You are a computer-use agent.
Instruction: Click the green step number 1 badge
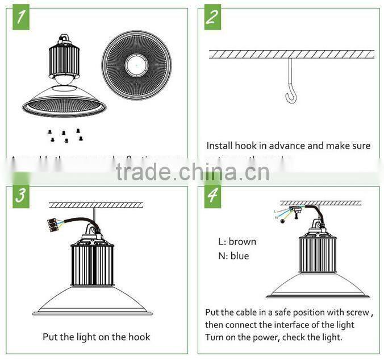pyautogui.click(x=20, y=18)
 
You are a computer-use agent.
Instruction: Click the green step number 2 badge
pyautogui.click(x=212, y=18)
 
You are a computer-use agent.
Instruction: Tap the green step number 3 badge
pyautogui.click(x=20, y=196)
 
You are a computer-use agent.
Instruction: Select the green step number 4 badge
pyautogui.click(x=212, y=196)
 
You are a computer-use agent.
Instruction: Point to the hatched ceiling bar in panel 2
pyautogui.click(x=292, y=55)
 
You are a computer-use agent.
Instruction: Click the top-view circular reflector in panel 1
pyautogui.click(x=137, y=65)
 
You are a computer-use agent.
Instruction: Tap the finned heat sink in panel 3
pyautogui.click(x=92, y=263)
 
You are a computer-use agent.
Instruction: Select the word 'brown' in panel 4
pyautogui.click(x=242, y=242)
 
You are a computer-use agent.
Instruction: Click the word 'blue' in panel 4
pyautogui.click(x=239, y=256)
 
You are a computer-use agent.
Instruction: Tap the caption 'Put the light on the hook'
pyautogui.click(x=97, y=337)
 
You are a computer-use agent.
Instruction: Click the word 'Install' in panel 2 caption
pyautogui.click(x=219, y=146)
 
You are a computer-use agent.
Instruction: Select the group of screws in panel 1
pyautogui.click(x=63, y=135)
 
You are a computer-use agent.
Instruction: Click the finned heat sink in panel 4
pyautogui.click(x=318, y=254)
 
